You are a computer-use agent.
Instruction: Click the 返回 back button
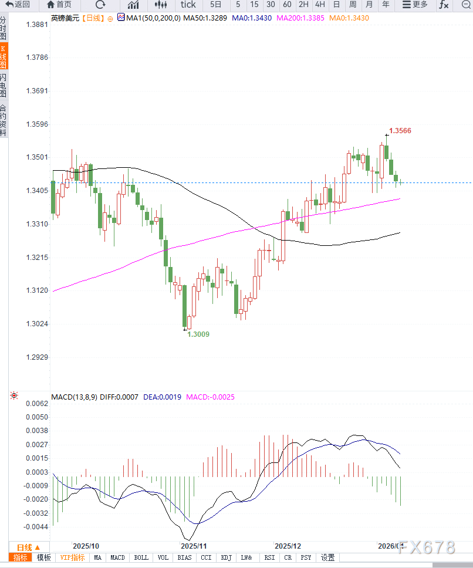point(18,5)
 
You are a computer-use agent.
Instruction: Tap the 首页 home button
point(59,5)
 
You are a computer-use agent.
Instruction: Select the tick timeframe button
point(188,5)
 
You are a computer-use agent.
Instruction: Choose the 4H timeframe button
point(320,5)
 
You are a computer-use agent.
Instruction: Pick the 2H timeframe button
point(303,5)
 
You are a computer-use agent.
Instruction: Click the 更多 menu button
point(415,5)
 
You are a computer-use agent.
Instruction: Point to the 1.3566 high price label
point(400,131)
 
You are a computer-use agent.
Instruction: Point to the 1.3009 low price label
point(198,334)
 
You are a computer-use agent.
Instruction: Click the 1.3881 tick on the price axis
point(37,25)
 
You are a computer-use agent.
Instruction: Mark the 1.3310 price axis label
point(37,224)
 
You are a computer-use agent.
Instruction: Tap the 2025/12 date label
point(288,545)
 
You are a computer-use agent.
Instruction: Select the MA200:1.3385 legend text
point(300,18)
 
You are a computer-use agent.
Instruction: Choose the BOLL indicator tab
point(141,557)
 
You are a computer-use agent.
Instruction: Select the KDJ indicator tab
point(226,557)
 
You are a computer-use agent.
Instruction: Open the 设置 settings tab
point(327,557)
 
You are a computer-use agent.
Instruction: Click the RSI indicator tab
point(269,557)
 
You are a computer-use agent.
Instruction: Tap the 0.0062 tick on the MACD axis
point(37,404)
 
